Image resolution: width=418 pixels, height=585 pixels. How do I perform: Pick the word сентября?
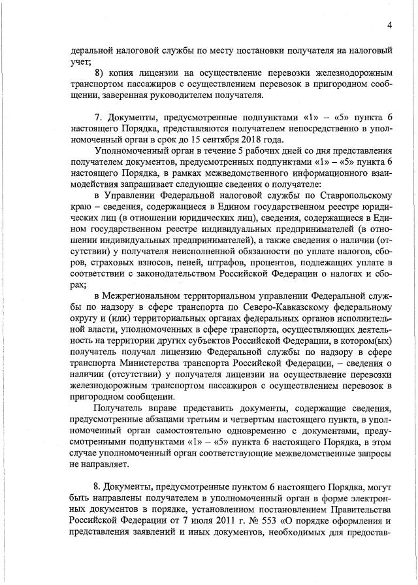tap(219, 139)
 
